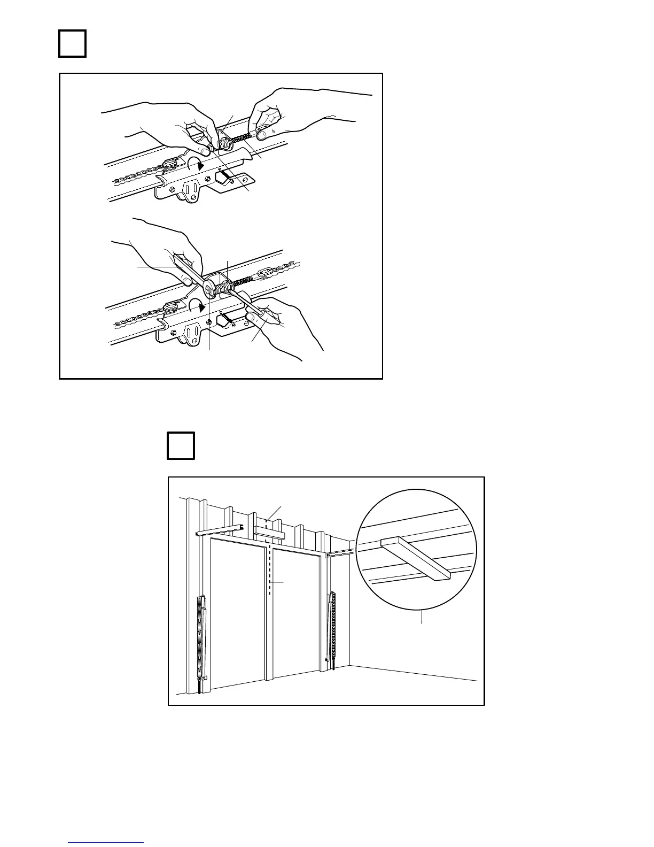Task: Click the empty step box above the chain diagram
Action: [x=72, y=43]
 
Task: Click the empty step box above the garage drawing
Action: [x=181, y=445]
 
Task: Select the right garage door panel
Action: [x=297, y=615]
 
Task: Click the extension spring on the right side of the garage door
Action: [x=333, y=626]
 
